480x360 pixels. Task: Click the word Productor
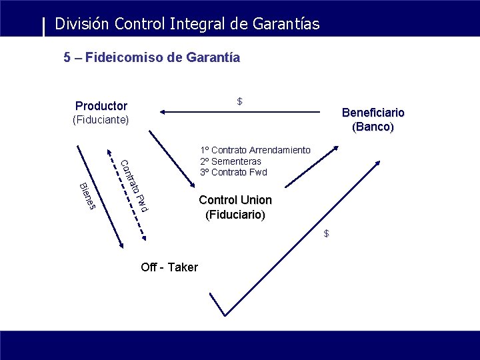101,106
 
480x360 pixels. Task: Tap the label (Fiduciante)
101,120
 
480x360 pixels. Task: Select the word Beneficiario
373,113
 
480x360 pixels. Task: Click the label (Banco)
373,127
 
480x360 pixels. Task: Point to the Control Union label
235,200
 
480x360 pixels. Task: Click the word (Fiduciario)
235,215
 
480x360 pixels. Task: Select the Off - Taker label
169,267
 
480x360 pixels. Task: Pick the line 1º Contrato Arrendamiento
255,150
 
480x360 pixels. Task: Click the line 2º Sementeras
230,161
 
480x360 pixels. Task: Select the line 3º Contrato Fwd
233,172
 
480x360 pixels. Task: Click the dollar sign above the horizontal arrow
239,101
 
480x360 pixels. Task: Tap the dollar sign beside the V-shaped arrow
326,233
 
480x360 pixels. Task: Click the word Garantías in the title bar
286,25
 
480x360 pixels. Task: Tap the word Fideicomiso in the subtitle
123,58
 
